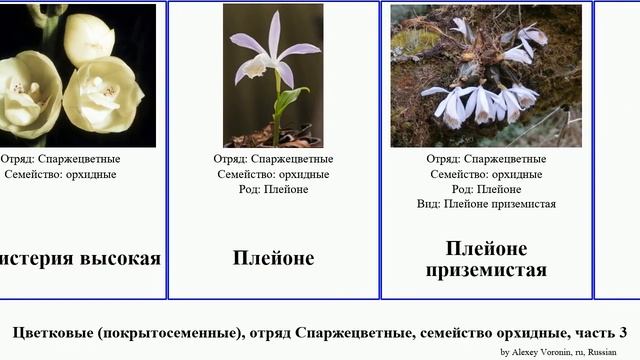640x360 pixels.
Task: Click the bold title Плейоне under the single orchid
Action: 273,258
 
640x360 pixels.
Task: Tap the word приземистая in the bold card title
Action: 486,270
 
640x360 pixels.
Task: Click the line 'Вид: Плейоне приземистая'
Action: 486,204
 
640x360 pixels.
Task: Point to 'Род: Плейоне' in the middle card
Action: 273,189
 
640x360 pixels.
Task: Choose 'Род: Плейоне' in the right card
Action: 486,189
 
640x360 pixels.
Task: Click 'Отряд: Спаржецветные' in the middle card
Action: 273,159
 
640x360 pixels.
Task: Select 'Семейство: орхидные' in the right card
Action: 486,174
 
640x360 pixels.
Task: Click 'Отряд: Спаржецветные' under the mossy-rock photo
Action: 486,159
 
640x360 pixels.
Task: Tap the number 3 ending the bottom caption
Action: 622,332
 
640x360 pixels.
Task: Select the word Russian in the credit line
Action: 602,352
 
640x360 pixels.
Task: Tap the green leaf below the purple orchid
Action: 289,99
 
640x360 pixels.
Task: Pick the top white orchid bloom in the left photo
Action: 88,38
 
